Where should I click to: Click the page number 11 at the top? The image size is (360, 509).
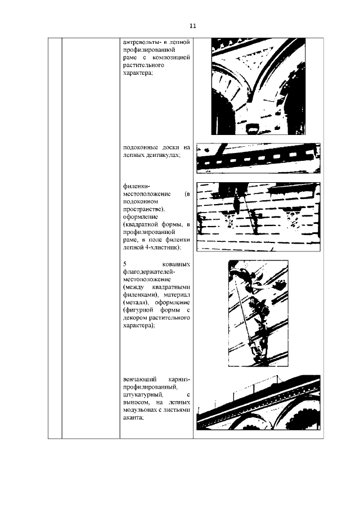192,26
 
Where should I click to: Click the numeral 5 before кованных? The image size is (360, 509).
124,264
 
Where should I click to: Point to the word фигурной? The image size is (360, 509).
138,310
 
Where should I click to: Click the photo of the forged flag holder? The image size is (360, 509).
258,312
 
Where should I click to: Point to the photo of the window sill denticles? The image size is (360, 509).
258,157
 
